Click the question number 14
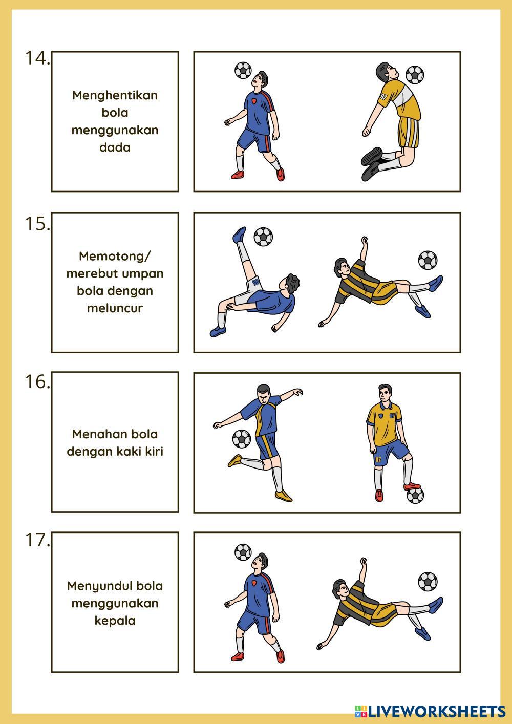tap(38, 58)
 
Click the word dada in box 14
tap(115, 147)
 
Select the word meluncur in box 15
tap(115, 308)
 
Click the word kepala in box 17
tap(115, 620)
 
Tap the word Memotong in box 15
tap(112, 256)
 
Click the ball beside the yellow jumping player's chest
tap(415, 75)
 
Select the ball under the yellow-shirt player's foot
tap(415, 496)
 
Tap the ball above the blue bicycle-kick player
tap(263, 237)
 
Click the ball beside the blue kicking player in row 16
tap(242, 439)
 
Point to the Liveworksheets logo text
tap(430, 711)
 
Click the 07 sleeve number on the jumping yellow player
tap(383, 97)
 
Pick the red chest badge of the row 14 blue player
tap(254, 101)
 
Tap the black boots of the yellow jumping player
tap(372, 163)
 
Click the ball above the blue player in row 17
tap(243, 552)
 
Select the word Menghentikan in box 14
tap(115, 95)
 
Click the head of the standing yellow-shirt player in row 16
tap(385, 393)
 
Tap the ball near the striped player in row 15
tap(428, 260)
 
